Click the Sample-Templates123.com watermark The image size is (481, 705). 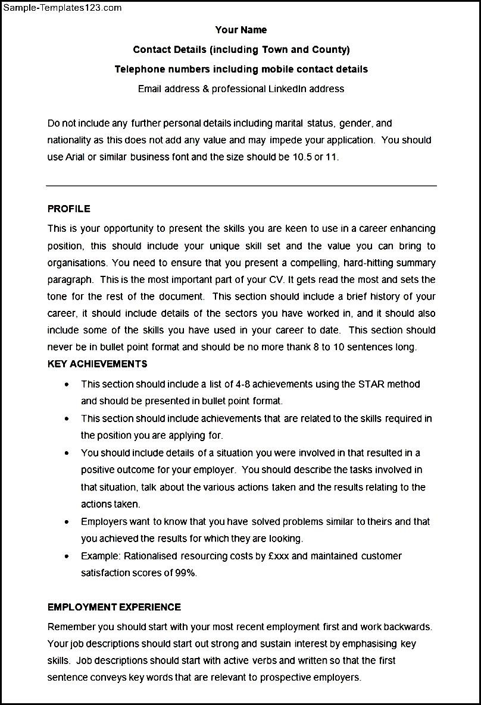click(62, 8)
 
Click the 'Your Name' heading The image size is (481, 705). click(240, 30)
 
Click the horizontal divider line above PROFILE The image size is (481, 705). click(241, 185)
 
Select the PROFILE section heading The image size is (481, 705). click(69, 209)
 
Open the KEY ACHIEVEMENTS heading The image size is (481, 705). click(97, 364)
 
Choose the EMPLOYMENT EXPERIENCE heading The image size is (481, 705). click(114, 607)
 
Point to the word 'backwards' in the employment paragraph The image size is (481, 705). click(410, 626)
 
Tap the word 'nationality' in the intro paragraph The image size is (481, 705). click(70, 140)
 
